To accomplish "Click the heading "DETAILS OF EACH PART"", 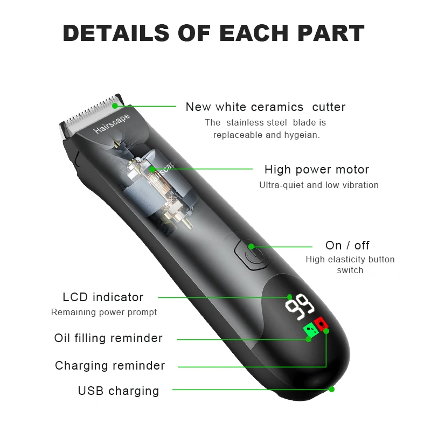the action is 214,33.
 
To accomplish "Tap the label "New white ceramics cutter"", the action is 265,107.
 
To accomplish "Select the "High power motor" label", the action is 316,170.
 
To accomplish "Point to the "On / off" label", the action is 347,246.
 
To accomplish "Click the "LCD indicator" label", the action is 103,297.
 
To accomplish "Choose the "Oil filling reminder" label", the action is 108,338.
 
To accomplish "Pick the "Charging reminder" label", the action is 110,366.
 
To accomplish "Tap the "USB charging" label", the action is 119,391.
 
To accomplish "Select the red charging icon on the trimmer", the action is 322,323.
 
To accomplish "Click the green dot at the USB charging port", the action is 331,389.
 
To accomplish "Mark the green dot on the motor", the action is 152,169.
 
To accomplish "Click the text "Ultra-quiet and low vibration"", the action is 318,185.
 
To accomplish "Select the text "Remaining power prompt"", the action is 104,312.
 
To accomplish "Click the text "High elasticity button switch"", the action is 350,265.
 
